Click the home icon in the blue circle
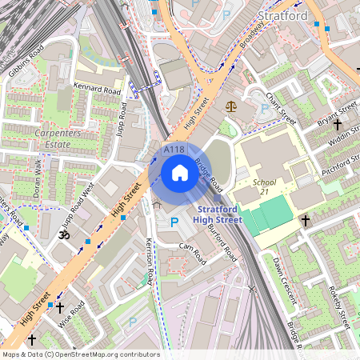tap(180, 173)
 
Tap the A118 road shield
tap(174, 150)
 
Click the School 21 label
tap(265, 187)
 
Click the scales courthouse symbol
tap(232, 105)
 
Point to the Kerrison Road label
tap(149, 261)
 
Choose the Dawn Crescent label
tap(285, 280)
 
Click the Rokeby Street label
tap(338, 308)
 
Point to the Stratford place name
tap(284, 15)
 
